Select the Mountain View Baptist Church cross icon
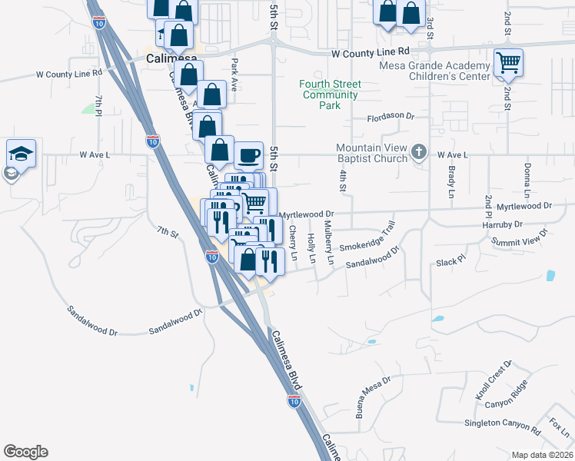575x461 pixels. tap(419, 151)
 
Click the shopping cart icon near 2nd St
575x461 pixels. tap(508, 62)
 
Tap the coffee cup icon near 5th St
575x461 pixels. tap(248, 156)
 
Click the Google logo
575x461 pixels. tap(25, 452)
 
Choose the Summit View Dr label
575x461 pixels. tap(520, 239)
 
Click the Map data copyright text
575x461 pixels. tap(541, 455)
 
